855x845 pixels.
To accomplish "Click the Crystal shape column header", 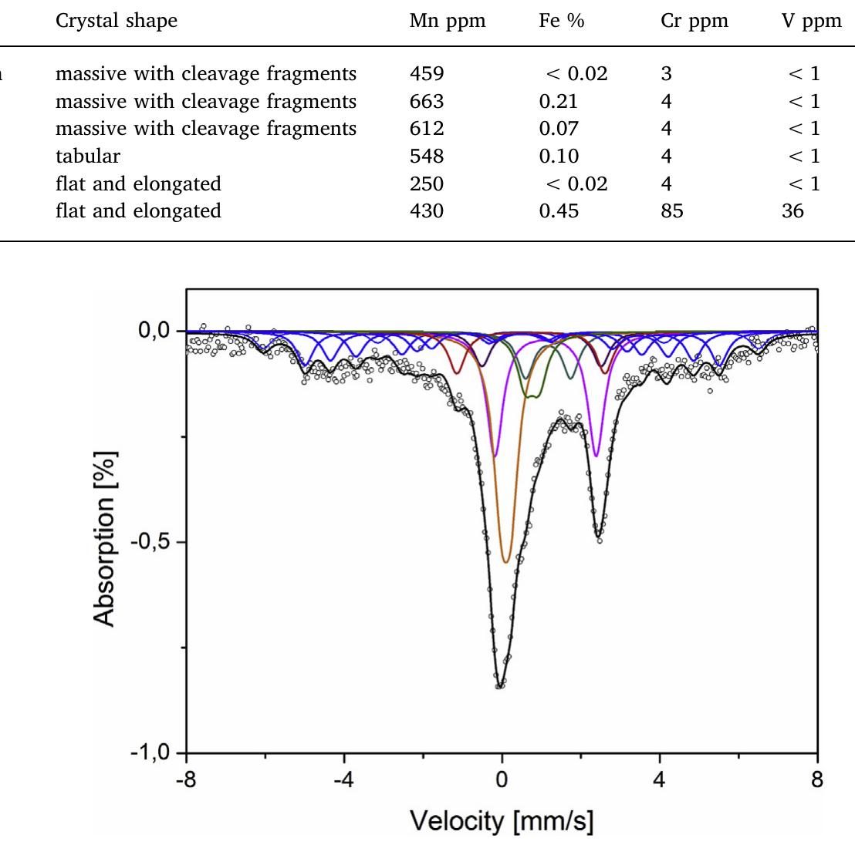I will tap(116, 21).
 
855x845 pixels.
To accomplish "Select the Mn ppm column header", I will tap(448, 21).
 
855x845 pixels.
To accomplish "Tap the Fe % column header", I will tap(561, 21).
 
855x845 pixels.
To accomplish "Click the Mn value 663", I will tap(427, 101).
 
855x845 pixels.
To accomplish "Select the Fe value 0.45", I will tap(559, 210).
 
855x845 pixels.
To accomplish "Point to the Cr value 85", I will tap(671, 210).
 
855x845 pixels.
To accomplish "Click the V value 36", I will tap(792, 210).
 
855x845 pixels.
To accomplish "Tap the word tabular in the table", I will tap(88, 156).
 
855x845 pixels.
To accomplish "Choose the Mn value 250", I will tap(427, 183).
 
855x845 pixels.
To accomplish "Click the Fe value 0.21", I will tap(559, 101).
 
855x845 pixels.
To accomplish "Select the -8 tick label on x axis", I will tap(186, 779).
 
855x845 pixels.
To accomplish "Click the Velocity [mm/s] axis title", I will tap(502, 821).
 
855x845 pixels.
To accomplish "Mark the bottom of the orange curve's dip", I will tap(505, 562).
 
